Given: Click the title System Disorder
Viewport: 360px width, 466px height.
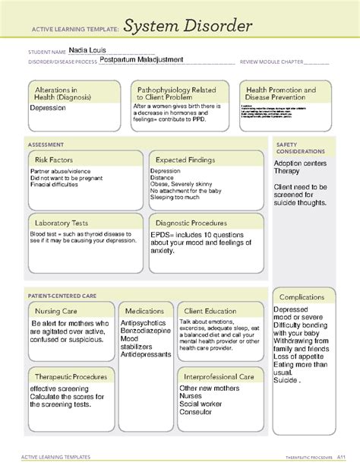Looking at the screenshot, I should tap(188, 28).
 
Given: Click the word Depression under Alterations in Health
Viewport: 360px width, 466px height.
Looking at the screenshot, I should tap(48, 108).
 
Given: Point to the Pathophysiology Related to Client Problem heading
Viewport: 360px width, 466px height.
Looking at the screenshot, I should tap(174, 94).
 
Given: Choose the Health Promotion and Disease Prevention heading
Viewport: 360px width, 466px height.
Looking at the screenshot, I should tap(282, 94).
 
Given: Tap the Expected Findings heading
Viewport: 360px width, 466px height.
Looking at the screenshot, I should tap(185, 160).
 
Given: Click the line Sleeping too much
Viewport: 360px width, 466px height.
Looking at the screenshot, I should tap(175, 197).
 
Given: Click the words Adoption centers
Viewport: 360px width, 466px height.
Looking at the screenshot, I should tap(300, 163).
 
